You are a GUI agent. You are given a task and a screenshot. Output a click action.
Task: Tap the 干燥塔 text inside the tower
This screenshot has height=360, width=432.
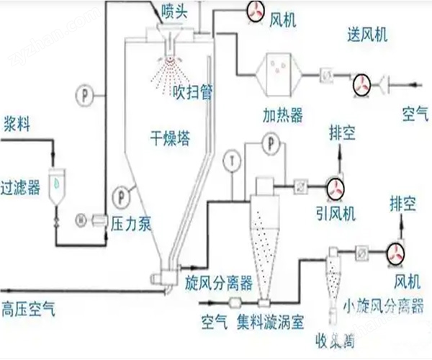pos(170,138)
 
